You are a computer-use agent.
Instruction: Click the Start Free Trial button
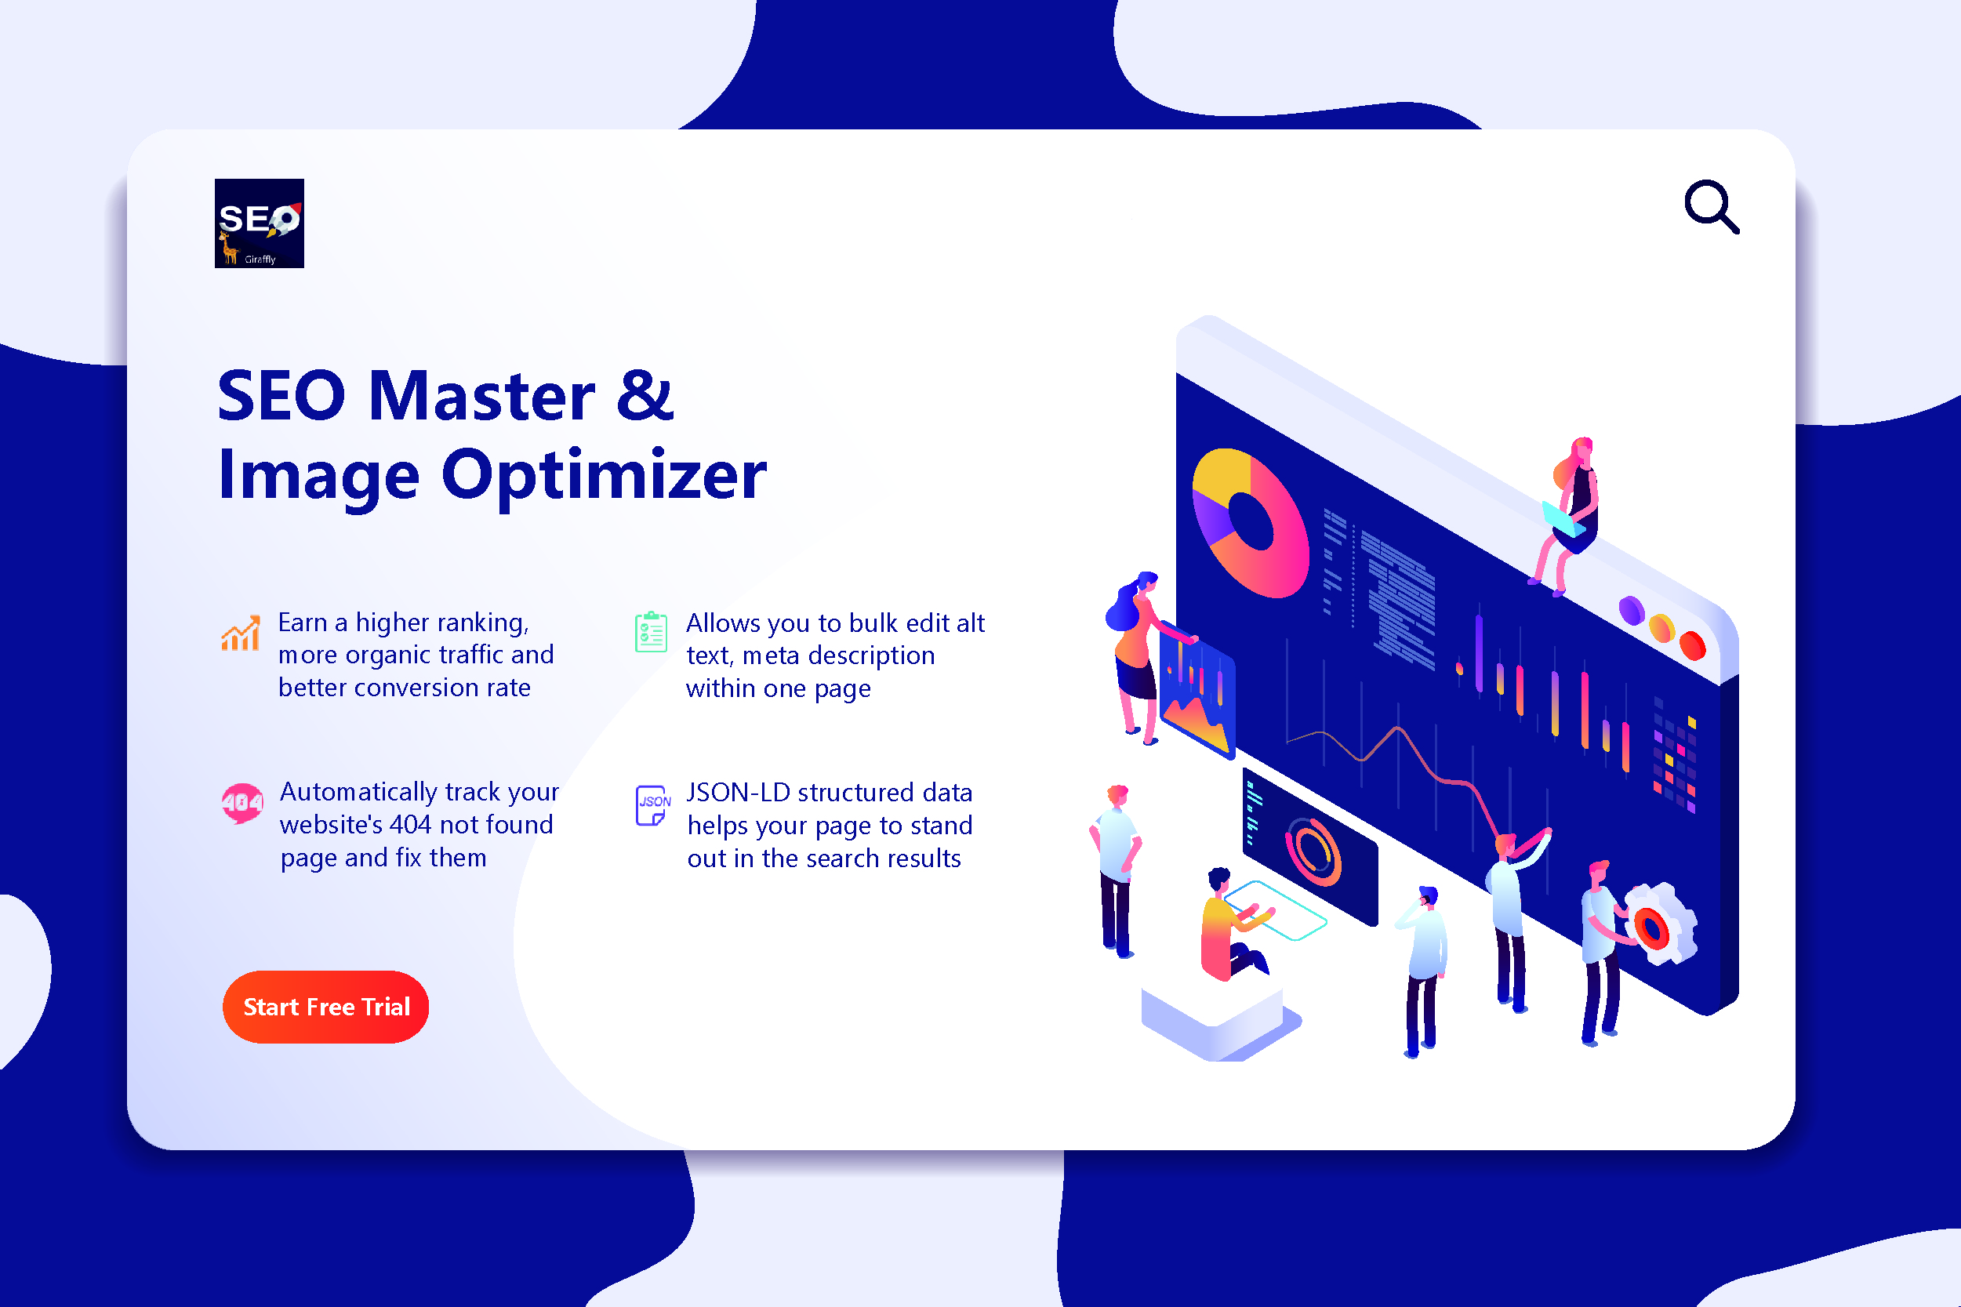(x=326, y=1007)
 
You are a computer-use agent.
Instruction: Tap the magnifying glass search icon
(x=1711, y=207)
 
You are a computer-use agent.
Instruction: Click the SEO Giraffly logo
(x=260, y=223)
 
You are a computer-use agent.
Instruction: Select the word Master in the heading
(x=482, y=396)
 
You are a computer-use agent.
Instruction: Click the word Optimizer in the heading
(x=604, y=476)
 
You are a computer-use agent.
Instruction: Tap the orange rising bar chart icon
(x=240, y=633)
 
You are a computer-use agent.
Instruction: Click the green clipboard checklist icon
(x=651, y=632)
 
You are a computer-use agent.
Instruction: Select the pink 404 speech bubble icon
(x=241, y=803)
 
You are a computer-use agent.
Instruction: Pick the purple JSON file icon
(x=652, y=805)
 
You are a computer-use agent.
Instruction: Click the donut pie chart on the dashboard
(x=1250, y=523)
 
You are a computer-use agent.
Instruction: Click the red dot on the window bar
(x=1693, y=645)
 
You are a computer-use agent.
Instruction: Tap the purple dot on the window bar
(x=1631, y=610)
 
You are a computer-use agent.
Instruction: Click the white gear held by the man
(x=1661, y=924)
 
